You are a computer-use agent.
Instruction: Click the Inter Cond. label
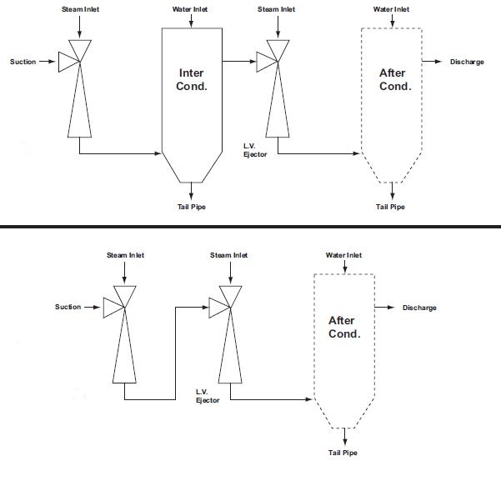(191, 79)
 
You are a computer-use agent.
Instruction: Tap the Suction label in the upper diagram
(23, 62)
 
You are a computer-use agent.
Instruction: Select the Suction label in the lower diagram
(68, 307)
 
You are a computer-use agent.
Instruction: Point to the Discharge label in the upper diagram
(467, 62)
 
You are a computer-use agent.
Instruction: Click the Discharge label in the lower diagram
(419, 308)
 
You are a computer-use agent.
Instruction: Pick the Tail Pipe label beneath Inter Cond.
(191, 207)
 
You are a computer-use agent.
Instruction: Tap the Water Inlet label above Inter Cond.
(192, 9)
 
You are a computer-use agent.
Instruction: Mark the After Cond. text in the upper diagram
(393, 79)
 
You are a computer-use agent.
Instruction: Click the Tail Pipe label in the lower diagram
(343, 453)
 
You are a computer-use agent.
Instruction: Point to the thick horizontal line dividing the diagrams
(250, 225)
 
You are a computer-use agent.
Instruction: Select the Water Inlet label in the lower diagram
(343, 255)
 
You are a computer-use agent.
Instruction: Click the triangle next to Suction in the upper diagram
(66, 61)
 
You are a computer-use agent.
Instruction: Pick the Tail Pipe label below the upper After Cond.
(390, 207)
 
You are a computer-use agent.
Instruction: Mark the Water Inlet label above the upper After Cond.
(391, 9)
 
